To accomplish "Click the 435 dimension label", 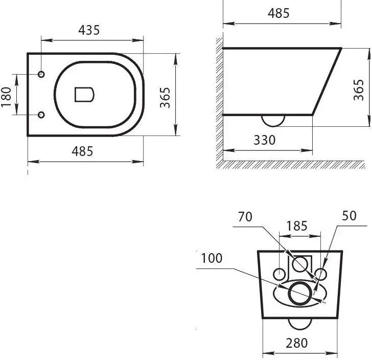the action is pyautogui.click(x=89, y=30).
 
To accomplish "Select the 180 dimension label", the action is pyautogui.click(x=6, y=97).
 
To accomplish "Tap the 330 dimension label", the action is pyautogui.click(x=265, y=140).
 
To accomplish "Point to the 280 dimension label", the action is pyautogui.click(x=296, y=343).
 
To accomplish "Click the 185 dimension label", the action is pyautogui.click(x=297, y=226).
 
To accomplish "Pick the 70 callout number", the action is pyautogui.click(x=245, y=217).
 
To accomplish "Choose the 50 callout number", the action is pyautogui.click(x=349, y=216).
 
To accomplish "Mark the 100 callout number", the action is pyautogui.click(x=212, y=258).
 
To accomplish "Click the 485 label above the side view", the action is pyautogui.click(x=278, y=13).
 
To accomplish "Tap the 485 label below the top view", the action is pyautogui.click(x=83, y=151).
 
